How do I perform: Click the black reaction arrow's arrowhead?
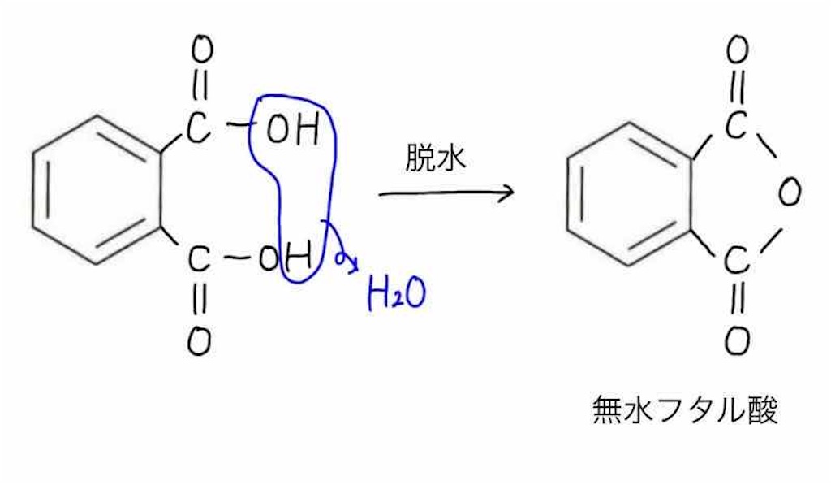506,193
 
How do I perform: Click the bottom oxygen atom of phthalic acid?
199,342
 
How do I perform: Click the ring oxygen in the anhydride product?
788,193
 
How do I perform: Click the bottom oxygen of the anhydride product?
736,341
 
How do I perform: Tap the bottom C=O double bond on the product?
736,301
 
